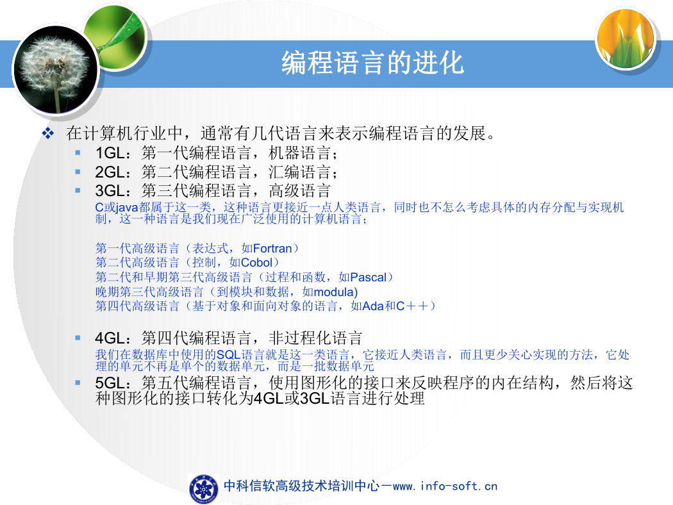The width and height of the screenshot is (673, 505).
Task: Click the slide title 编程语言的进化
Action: click(372, 63)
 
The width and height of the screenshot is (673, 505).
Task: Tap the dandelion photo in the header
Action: click(55, 70)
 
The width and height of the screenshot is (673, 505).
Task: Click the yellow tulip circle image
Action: click(626, 38)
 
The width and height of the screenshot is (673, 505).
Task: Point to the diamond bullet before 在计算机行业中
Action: click(47, 133)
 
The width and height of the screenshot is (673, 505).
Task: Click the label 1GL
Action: click(110, 153)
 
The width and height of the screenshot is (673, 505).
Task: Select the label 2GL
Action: click(110, 172)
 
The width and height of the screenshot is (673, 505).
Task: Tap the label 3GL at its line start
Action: click(110, 191)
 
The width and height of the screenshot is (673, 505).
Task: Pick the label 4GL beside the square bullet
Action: click(110, 338)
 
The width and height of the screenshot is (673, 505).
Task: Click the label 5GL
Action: click(110, 383)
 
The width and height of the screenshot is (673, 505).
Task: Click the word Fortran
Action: click(272, 249)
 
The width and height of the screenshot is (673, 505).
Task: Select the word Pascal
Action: click(369, 277)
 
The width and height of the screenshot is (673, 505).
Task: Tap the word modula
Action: click(333, 292)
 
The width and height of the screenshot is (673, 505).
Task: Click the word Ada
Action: click(373, 306)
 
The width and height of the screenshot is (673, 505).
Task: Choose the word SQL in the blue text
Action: click(228, 355)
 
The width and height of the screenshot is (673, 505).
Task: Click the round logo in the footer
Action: click(203, 489)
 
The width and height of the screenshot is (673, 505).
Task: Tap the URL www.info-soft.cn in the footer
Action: click(445, 486)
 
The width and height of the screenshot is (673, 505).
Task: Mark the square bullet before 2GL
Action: click(78, 172)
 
